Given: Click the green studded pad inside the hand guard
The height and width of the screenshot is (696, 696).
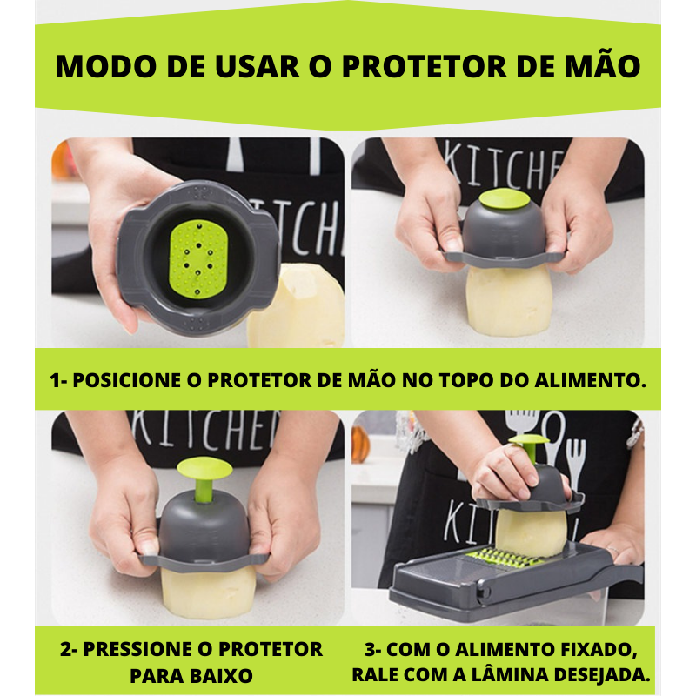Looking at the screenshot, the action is tap(198, 259).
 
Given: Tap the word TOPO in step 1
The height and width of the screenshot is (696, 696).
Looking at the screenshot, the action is tap(467, 380).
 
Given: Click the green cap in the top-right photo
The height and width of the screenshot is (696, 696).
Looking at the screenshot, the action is tap(505, 201).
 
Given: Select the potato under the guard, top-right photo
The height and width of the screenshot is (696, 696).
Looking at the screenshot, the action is tap(509, 301).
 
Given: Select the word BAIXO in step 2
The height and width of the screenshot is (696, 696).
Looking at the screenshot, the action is tap(223, 676).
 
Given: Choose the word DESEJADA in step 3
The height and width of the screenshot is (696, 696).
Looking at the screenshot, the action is tap(603, 675).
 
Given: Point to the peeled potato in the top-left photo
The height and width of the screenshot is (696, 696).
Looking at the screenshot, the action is tap(296, 305).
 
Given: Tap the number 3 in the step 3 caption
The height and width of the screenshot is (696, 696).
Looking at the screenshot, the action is tap(371, 649).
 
